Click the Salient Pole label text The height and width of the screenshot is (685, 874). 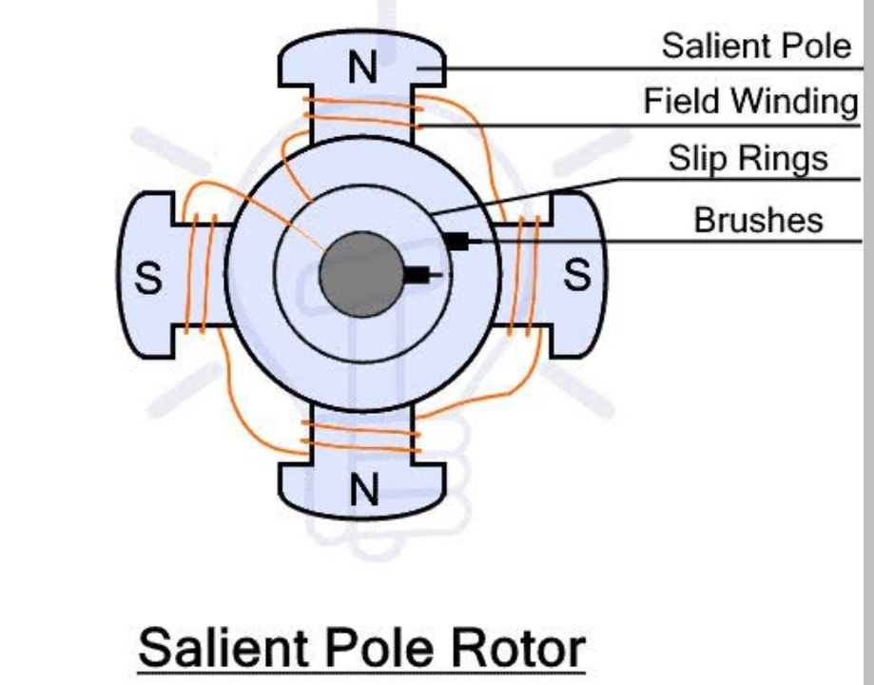pos(757,46)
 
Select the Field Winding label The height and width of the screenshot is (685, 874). pos(750,101)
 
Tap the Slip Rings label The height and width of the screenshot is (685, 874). pos(748,158)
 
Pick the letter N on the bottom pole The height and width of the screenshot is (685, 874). pos(362,490)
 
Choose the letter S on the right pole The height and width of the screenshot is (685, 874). pos(577,276)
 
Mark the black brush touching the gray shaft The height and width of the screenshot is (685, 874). pos(417,276)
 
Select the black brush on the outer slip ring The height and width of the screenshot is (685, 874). pos(456,242)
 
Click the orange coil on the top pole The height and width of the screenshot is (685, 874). pos(360,113)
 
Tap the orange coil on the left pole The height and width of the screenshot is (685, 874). pos(200,275)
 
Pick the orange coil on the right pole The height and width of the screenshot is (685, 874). pos(524,276)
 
